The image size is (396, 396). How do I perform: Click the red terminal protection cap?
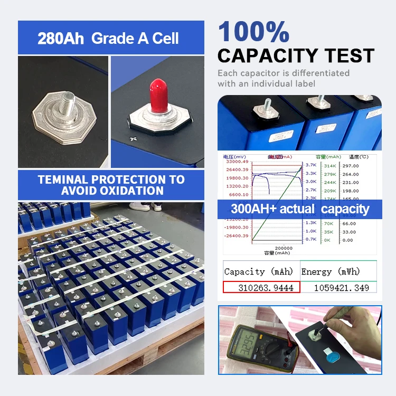click(156, 94)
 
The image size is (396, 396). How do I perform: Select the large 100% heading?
click(254, 33)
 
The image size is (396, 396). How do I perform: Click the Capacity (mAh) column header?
click(259, 272)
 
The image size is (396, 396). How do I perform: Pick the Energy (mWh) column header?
click(331, 272)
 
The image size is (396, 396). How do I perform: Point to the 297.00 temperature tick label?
click(350, 166)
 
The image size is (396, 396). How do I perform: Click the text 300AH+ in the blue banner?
click(252, 209)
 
